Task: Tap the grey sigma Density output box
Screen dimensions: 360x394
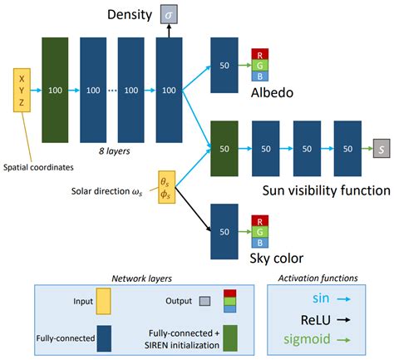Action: pyautogui.click(x=170, y=15)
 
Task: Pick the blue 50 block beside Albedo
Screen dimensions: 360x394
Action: pyautogui.click(x=224, y=65)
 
